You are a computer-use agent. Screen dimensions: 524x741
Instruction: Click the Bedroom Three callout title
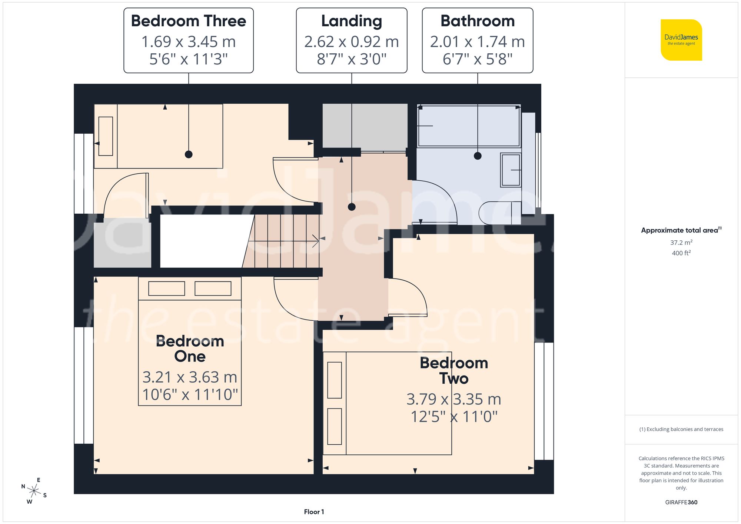tap(188, 21)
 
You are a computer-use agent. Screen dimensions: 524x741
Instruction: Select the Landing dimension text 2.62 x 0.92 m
tap(351, 42)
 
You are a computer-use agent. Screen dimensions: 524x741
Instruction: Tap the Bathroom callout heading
tap(477, 21)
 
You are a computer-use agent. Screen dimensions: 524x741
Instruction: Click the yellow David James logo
tap(681, 40)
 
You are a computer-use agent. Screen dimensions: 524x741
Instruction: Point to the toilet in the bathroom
tap(500, 213)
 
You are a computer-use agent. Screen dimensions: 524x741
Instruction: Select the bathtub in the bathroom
tap(469, 126)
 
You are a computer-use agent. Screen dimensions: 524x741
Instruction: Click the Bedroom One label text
tap(190, 348)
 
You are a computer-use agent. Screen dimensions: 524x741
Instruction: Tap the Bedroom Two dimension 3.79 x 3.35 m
tap(453, 399)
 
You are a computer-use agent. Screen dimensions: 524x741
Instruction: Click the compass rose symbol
tap(34, 491)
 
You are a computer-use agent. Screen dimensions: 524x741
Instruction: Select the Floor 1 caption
tap(314, 512)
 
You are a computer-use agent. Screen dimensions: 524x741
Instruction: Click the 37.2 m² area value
tap(681, 243)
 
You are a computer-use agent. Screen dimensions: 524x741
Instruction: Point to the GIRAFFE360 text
tap(681, 502)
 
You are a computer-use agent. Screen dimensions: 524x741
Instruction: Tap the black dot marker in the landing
tap(352, 207)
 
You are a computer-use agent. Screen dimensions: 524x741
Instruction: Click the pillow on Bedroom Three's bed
tap(106, 136)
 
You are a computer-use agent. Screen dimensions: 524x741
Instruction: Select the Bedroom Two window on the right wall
tap(544, 401)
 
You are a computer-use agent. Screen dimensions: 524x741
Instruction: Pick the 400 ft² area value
tap(681, 253)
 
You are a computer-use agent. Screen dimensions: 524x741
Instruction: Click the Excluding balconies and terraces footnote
tap(681, 429)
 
